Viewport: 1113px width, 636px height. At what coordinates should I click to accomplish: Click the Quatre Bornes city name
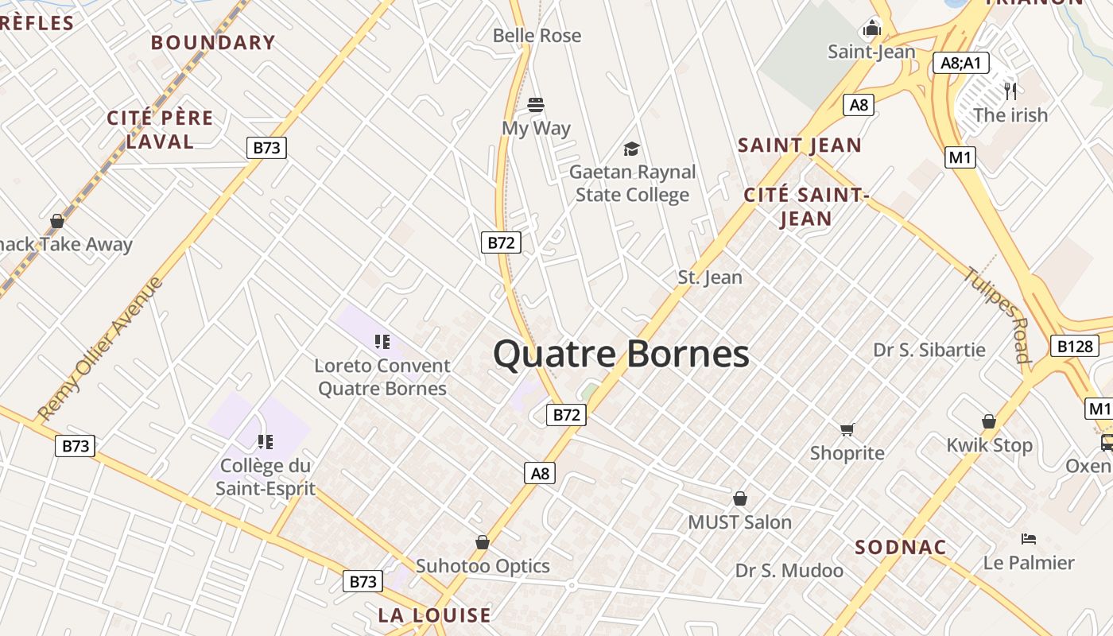[621, 354]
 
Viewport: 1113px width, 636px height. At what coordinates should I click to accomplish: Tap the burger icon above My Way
[536, 104]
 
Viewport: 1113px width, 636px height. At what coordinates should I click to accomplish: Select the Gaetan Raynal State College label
[632, 184]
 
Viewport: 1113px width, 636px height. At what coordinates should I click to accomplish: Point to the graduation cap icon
[631, 149]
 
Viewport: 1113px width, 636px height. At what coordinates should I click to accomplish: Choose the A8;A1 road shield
[960, 64]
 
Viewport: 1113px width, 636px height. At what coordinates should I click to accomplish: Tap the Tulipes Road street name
[998, 314]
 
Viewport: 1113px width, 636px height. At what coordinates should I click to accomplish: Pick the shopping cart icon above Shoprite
[847, 430]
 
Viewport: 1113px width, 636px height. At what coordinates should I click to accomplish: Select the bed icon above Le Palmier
[1028, 539]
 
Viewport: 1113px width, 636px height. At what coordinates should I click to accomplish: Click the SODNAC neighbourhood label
[901, 547]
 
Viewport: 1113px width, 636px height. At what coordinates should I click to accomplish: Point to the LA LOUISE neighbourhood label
[434, 615]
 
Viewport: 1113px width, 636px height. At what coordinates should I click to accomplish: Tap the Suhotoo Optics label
[483, 566]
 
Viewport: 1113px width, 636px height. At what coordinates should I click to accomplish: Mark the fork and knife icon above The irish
[1010, 91]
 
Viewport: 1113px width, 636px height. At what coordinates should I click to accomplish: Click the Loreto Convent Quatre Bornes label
[382, 377]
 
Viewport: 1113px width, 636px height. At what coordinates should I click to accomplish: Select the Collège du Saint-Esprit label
[265, 477]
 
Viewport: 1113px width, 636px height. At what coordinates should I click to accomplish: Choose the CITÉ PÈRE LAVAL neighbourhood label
[160, 130]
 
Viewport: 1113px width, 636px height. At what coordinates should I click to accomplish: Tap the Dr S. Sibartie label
[929, 350]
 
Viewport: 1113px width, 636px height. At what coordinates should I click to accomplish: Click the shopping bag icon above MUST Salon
[739, 498]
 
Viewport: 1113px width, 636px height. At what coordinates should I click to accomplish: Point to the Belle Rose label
[537, 36]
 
